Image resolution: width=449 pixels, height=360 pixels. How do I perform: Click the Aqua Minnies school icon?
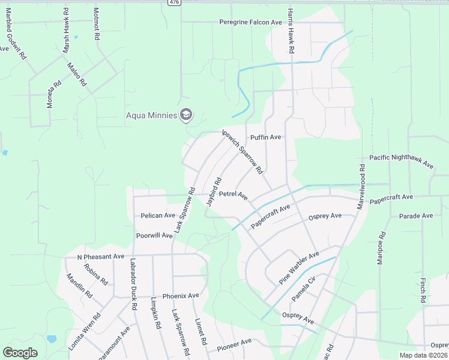(x=186, y=115)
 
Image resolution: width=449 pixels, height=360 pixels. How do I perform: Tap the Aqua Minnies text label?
(x=151, y=115)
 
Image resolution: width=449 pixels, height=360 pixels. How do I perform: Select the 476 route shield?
(x=174, y=2)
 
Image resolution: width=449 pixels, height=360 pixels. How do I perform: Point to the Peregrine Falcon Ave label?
(x=251, y=22)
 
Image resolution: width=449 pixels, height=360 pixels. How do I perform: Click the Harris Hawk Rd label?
(x=291, y=31)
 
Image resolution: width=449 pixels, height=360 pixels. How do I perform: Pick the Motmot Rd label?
(x=96, y=24)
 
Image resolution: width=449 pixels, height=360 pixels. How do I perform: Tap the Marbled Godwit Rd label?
(x=16, y=42)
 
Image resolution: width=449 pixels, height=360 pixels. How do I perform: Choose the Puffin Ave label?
(x=266, y=137)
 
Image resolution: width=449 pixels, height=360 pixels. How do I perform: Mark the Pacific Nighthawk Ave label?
(x=401, y=161)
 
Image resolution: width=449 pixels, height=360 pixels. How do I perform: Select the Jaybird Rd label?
(x=214, y=191)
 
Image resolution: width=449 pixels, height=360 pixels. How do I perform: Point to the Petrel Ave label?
(x=234, y=194)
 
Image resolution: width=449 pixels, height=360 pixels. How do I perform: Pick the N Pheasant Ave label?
(x=100, y=257)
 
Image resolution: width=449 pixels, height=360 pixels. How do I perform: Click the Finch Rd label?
(x=423, y=290)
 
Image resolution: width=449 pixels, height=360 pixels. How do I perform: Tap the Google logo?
(x=20, y=353)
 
